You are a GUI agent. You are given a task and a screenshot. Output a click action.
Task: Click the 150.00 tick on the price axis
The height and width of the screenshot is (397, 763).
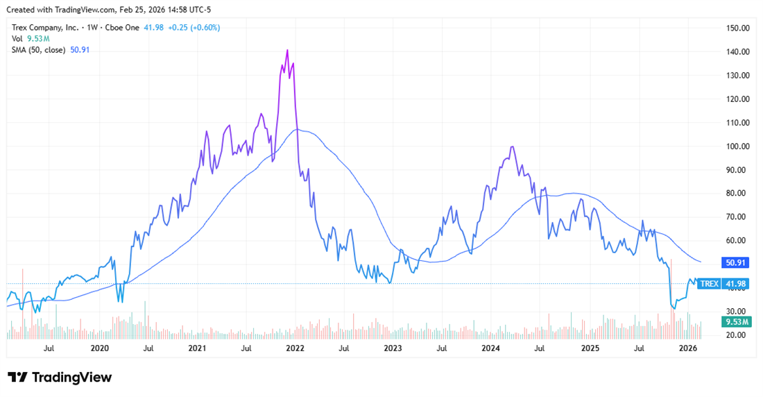pos(737,28)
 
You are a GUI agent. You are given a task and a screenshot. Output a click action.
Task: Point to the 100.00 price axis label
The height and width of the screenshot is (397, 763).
pos(737,146)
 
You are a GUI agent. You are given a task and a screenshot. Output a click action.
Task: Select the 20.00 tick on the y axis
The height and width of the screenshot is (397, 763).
pos(737,335)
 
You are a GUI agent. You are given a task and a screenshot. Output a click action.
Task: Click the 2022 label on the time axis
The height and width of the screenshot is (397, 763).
pos(295,348)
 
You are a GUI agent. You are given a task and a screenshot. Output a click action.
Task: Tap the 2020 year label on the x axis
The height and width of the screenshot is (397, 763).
pos(100,348)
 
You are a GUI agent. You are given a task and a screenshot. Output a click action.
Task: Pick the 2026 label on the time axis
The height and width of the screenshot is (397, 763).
pos(687,348)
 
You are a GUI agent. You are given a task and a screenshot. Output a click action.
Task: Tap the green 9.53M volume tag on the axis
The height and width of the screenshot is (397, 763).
pos(735,322)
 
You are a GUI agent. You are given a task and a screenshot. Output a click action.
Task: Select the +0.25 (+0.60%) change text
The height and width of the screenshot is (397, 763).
pos(196,27)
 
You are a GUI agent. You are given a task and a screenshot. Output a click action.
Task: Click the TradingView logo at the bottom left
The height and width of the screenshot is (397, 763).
pos(60,378)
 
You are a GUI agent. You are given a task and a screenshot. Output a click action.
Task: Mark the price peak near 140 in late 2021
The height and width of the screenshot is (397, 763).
pos(287,50)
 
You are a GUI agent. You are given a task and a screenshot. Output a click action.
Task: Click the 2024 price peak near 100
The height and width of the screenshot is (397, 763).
pos(512,146)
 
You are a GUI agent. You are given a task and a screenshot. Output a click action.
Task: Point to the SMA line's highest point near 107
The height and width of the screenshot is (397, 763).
pos(297,129)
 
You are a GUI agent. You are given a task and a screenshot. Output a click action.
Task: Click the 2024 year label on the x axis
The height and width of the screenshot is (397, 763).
pos(491,348)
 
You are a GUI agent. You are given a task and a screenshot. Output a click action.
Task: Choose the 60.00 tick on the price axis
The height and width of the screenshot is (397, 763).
pos(737,240)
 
